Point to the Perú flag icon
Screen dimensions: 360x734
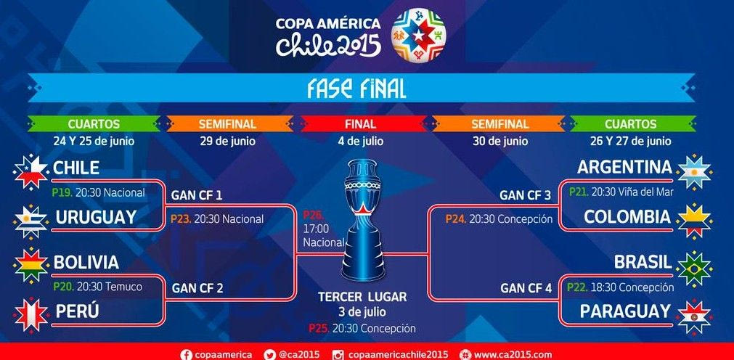pyautogui.click(x=30, y=314)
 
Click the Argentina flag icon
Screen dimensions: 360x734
pyautogui.click(x=695, y=171)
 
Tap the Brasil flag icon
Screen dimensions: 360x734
pyautogui.click(x=695, y=268)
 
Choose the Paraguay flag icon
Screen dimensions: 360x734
pyautogui.click(x=695, y=315)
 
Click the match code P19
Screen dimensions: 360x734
pyautogui.click(x=62, y=193)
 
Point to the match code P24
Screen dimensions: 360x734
pyautogui.click(x=455, y=218)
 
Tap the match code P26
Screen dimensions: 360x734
pyautogui.click(x=314, y=216)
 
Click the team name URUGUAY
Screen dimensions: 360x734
pyautogui.click(x=96, y=217)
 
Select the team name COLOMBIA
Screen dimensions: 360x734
pyautogui.click(x=627, y=217)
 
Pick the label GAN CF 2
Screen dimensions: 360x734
pyautogui.click(x=197, y=288)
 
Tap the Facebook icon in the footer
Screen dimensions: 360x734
pyautogui.click(x=186, y=354)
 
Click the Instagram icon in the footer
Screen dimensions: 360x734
pyautogui.click(x=338, y=354)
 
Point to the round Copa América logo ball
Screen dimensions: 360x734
pyautogui.click(x=419, y=34)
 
